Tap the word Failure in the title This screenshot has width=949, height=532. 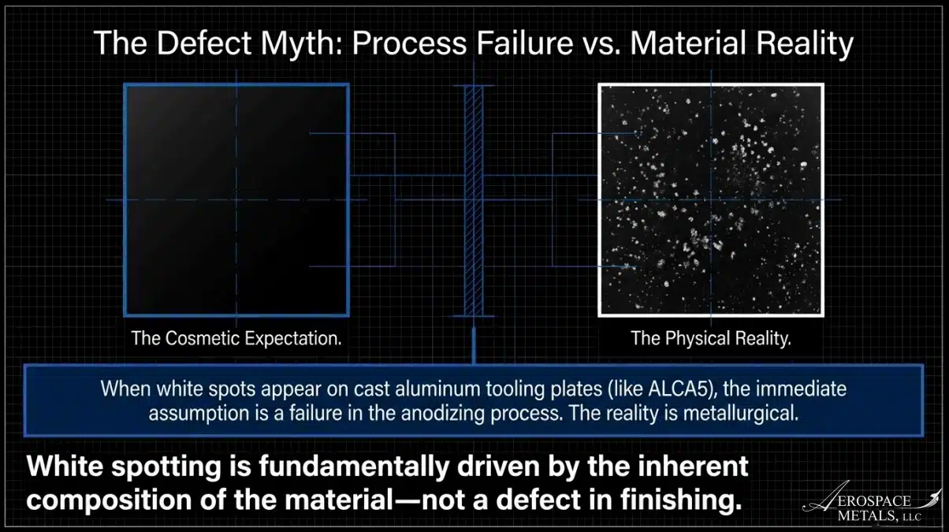coord(525,43)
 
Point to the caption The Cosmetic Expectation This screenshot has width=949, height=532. coord(236,338)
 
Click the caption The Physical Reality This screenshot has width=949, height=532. coord(711,338)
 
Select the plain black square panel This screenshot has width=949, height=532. coord(236,200)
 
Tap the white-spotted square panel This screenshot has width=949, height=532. coord(711,200)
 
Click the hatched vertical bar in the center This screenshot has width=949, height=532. coord(474,201)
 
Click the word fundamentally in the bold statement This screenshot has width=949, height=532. coord(354,467)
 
